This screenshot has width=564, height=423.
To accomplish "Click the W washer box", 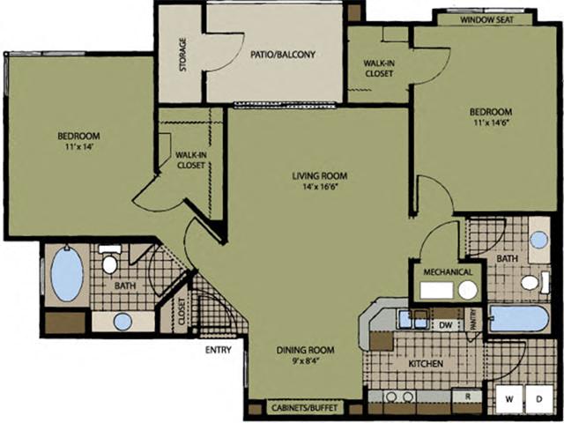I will [508, 400].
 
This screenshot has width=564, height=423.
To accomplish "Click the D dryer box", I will [538, 400].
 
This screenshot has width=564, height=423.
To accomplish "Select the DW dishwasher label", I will [445, 323].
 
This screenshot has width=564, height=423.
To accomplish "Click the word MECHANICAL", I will [448, 272].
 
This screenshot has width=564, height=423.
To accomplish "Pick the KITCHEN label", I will [425, 363].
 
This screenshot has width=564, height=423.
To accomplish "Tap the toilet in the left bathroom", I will [110, 262].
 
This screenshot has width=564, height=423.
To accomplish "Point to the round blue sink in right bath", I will [538, 240].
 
